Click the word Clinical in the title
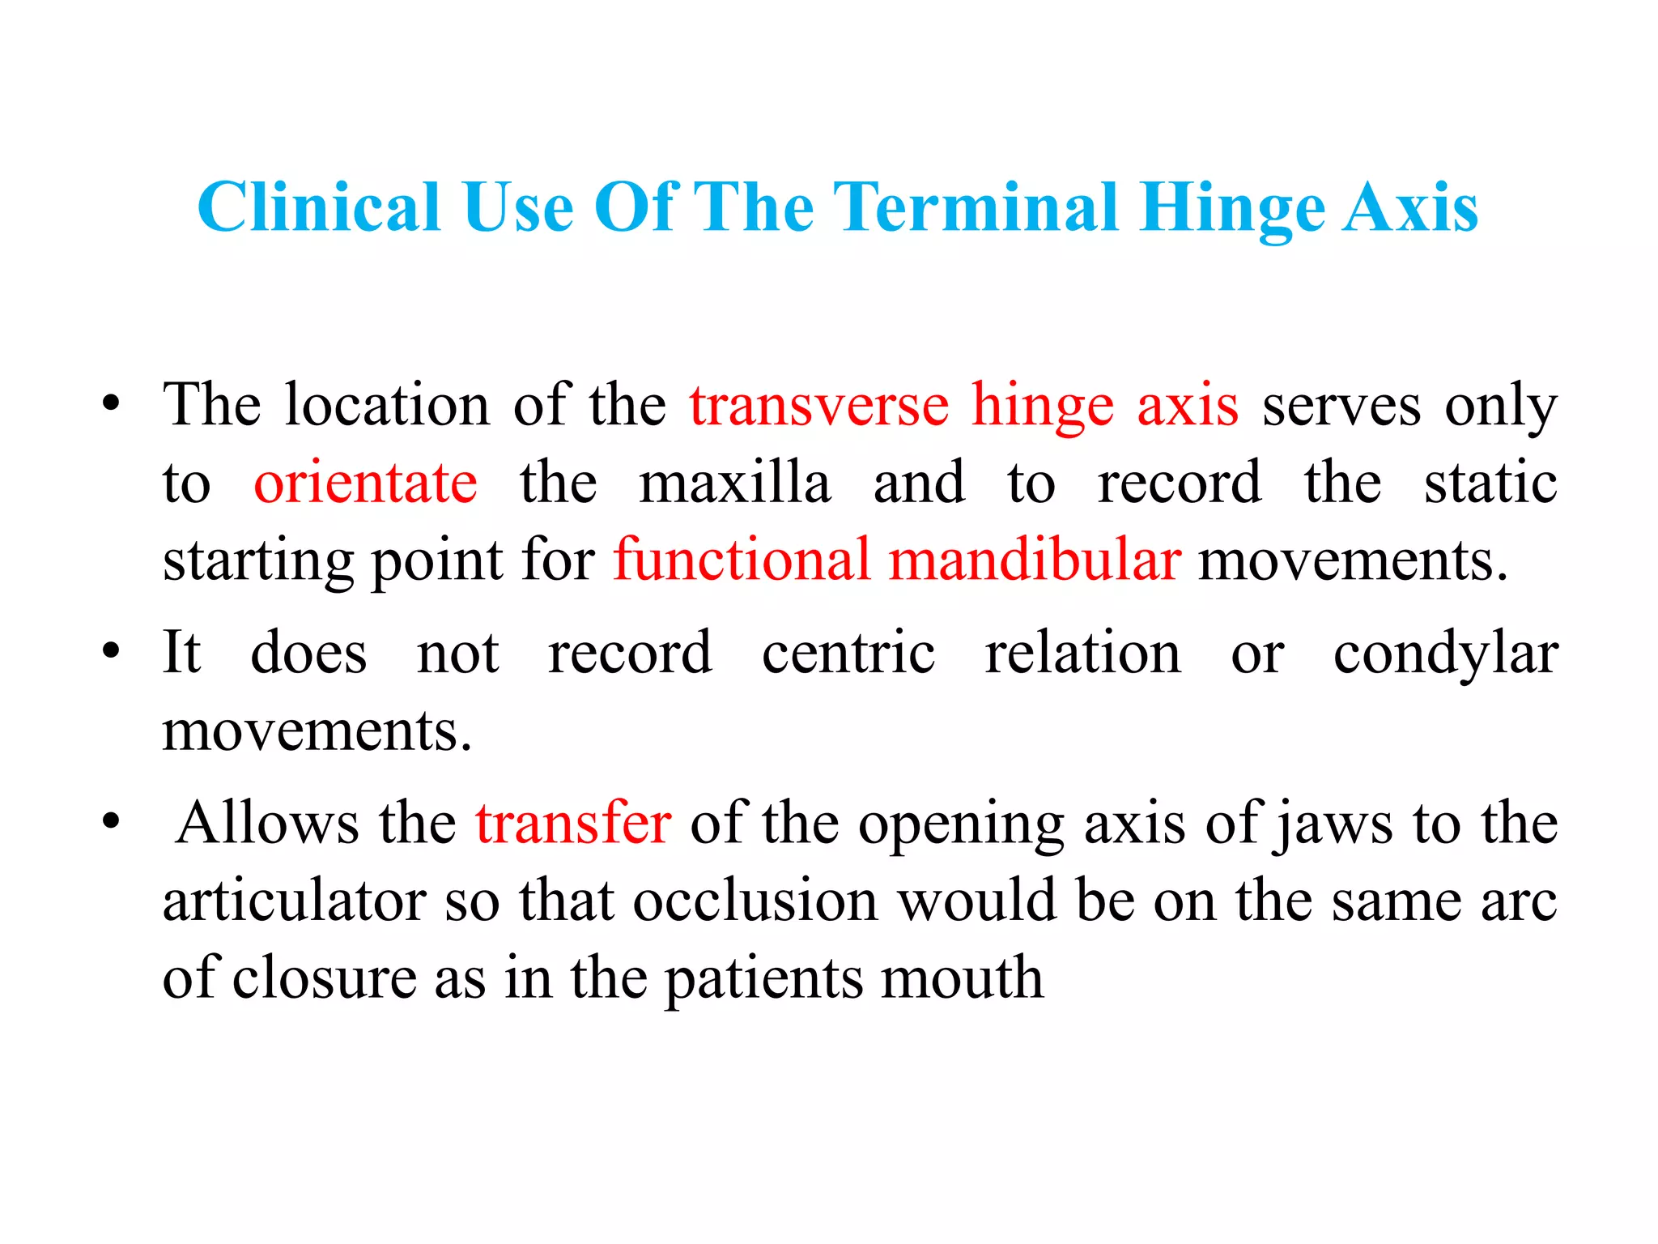(319, 207)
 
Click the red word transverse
(819, 404)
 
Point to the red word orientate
(365, 483)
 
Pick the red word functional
(742, 560)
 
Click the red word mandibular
(1035, 560)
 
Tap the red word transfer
(573, 823)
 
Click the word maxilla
(735, 483)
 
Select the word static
(1490, 483)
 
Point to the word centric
(848, 653)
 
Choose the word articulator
(294, 901)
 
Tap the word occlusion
(755, 901)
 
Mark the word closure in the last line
(323, 978)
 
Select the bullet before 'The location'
(111, 403)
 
